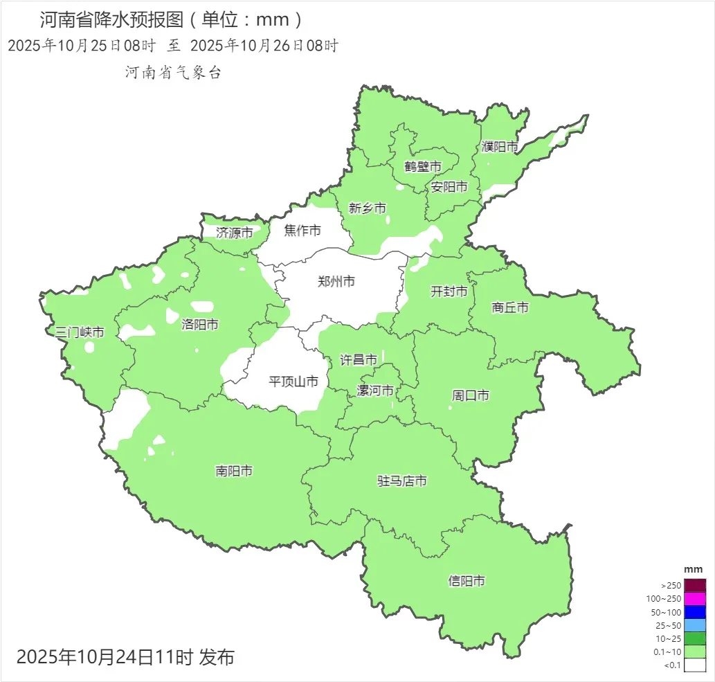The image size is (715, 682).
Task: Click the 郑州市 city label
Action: [x=336, y=281]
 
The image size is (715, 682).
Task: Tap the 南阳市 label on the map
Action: [x=234, y=471]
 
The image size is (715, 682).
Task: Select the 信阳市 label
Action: [x=467, y=581]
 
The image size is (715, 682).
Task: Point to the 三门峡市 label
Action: [x=80, y=332]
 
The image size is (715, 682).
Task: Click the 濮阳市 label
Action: [x=500, y=147]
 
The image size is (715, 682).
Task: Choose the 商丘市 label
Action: [x=510, y=307]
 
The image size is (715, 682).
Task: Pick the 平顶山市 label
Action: [x=293, y=381]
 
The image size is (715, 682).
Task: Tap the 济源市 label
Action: [x=234, y=233]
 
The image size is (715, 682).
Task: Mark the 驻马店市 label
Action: [x=401, y=481]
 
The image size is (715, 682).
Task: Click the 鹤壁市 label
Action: [x=423, y=167]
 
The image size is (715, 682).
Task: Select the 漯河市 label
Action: [x=375, y=391]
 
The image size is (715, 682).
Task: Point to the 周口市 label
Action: [x=471, y=395]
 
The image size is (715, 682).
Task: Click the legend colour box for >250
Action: [x=695, y=585]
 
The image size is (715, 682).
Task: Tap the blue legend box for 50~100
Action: [x=695, y=612]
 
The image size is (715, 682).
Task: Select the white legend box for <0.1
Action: [x=695, y=665]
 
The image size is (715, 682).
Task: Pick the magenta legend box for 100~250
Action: [x=695, y=598]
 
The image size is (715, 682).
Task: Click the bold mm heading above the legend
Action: [x=693, y=569]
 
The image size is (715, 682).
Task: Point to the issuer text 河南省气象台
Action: [x=173, y=73]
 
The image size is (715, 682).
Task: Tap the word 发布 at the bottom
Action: [x=217, y=656]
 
